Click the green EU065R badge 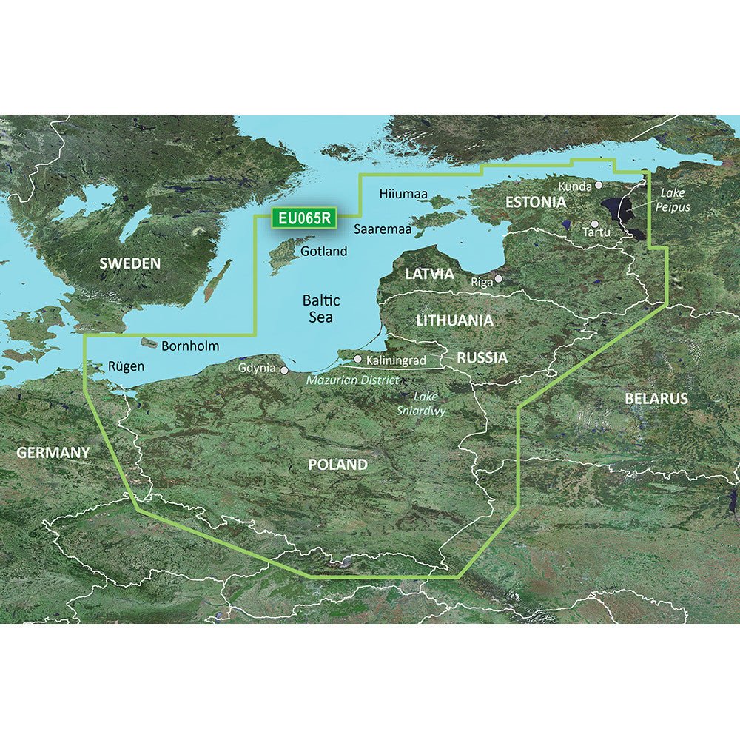305,218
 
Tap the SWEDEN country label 130,263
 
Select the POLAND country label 337,465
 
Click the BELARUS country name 656,398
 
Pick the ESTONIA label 536,202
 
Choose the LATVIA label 429,274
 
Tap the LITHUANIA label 454,320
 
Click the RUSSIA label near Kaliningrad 482,358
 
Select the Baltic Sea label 321,309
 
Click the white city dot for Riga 499,279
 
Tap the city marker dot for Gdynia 283,369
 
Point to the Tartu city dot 593,223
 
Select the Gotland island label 324,252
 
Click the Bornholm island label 190,346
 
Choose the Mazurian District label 352,380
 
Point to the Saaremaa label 382,229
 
